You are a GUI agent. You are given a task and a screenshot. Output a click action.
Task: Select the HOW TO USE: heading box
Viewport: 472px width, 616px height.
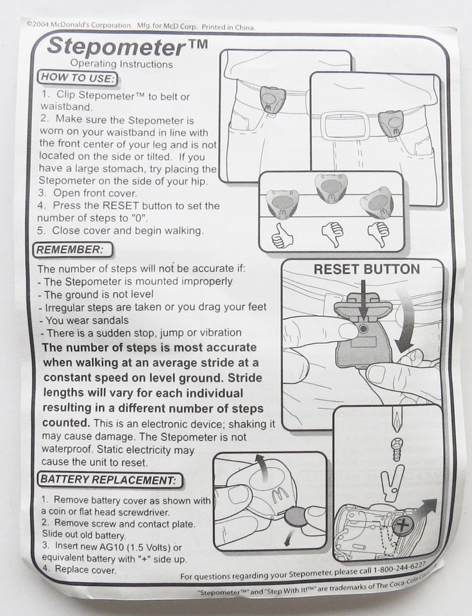78,78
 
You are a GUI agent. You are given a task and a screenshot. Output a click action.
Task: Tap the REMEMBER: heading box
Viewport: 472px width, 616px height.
72,250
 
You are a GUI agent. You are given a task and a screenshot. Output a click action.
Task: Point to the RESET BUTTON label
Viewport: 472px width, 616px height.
367,269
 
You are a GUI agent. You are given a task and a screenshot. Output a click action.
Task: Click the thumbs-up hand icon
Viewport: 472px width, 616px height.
282,236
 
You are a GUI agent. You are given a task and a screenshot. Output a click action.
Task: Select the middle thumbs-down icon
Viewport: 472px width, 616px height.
332,235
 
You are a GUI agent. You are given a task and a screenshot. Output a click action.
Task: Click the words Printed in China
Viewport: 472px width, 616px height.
228,28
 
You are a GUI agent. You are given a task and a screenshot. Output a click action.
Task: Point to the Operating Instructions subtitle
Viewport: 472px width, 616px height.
121,64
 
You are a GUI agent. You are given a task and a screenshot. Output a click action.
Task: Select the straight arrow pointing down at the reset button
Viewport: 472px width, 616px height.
363,302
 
